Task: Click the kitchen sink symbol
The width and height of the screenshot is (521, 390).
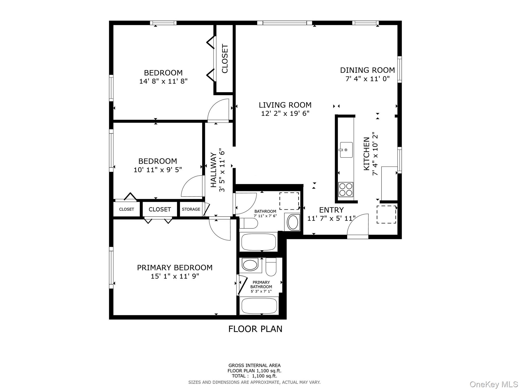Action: tap(346, 150)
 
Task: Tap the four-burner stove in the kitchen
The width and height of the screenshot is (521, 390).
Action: tap(346, 190)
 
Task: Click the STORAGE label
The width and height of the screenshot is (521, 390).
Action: tap(191, 209)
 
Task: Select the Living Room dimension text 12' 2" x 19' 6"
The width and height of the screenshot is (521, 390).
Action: tap(285, 113)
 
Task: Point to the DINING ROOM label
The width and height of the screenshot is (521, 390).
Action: tap(367, 70)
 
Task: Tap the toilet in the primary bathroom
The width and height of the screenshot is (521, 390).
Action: tap(271, 267)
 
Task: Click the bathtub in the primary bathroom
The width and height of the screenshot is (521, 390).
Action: tap(259, 306)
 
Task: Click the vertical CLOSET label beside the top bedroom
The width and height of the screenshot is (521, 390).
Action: tap(225, 58)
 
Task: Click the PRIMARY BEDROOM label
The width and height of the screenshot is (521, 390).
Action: tap(175, 268)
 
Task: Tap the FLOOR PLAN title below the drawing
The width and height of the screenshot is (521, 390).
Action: tap(255, 329)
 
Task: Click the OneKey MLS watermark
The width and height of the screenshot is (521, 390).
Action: tap(494, 384)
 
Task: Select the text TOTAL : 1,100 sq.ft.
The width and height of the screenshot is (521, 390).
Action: tap(254, 376)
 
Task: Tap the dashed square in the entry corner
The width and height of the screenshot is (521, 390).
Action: tap(386, 214)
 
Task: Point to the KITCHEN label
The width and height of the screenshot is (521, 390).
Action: tap(366, 154)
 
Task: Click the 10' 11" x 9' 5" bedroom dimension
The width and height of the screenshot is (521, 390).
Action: tap(158, 170)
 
